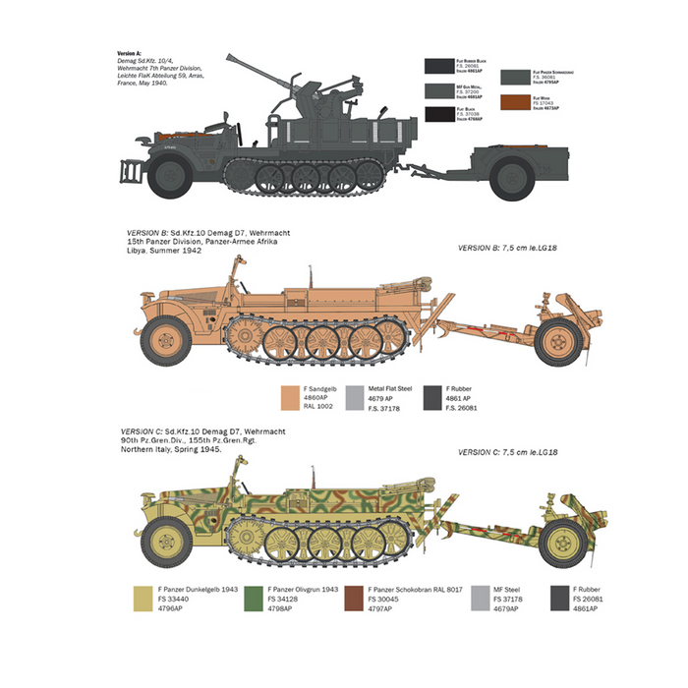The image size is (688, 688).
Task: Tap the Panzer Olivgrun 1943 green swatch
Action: click(251, 597)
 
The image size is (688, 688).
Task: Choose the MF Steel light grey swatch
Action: click(481, 597)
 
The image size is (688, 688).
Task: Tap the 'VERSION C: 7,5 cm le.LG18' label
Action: click(507, 451)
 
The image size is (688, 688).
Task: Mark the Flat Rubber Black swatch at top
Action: click(437, 66)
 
